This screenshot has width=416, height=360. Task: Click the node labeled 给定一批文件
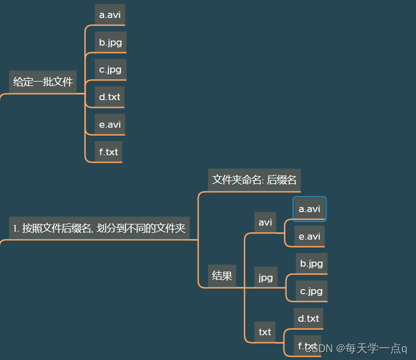(43, 82)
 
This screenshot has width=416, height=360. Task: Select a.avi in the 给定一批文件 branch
(110, 15)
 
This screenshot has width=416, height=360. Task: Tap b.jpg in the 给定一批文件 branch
(110, 42)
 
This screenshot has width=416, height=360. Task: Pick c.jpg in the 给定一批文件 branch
(110, 70)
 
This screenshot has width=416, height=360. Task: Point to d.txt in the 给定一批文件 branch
(110, 97)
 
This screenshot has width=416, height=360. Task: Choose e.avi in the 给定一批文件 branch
(110, 124)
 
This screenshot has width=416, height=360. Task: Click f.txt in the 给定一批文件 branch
(108, 152)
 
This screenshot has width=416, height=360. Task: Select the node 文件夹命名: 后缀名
(254, 180)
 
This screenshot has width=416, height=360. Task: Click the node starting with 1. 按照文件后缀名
(100, 228)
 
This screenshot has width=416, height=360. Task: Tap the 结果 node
(222, 276)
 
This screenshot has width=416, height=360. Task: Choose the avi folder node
(265, 222)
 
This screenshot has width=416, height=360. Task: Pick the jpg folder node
(265, 277)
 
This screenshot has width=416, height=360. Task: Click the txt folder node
(265, 332)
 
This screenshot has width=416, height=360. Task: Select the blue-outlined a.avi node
(309, 209)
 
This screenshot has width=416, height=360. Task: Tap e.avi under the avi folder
(309, 236)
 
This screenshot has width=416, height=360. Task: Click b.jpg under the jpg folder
(311, 263)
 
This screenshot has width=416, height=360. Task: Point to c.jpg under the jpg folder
(311, 291)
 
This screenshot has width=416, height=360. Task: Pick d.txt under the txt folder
(308, 318)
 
